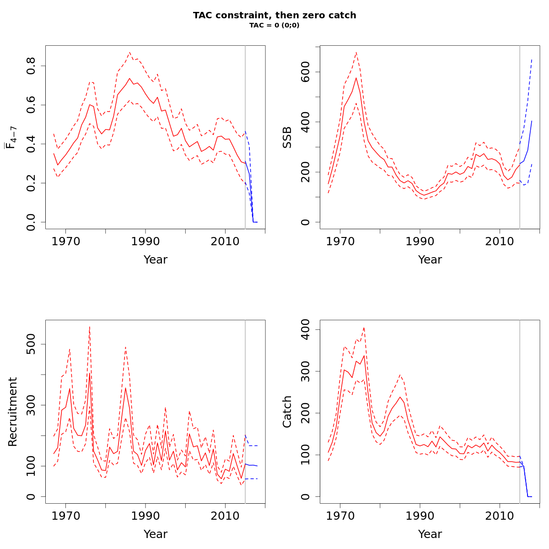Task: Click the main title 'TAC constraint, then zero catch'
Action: (x=274, y=15)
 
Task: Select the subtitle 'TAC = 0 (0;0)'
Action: (x=274, y=26)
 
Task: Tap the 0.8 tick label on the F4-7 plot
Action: (x=31, y=66)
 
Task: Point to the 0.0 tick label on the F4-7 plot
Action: (x=31, y=222)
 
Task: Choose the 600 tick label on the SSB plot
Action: (x=306, y=72)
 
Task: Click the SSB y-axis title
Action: (x=287, y=137)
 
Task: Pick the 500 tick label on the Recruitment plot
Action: (x=31, y=344)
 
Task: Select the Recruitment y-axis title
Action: (x=13, y=412)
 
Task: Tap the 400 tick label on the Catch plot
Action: (x=306, y=329)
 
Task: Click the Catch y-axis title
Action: (x=287, y=412)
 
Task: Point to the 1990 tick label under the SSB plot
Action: (x=420, y=241)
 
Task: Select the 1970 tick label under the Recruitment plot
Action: (x=66, y=516)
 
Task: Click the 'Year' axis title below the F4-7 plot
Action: (x=156, y=260)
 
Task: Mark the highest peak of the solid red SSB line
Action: (x=356, y=78)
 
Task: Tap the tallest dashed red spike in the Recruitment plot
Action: (x=90, y=327)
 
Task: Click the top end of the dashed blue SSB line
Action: (x=532, y=59)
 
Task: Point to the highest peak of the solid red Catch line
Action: (x=364, y=355)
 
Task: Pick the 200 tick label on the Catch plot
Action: (x=306, y=413)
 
